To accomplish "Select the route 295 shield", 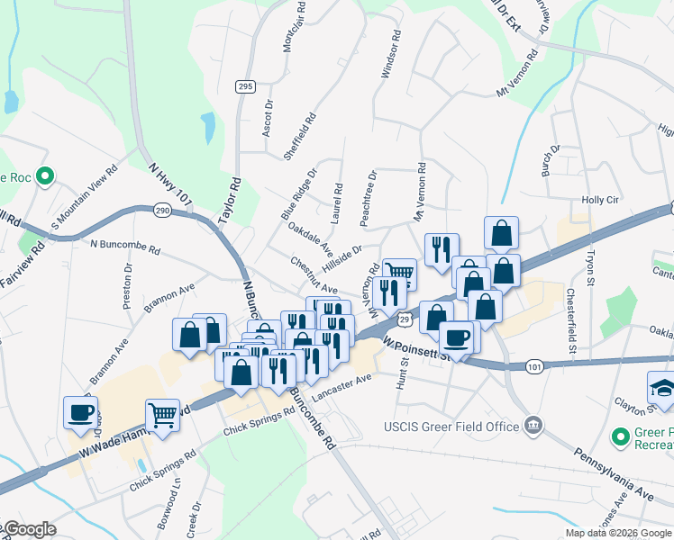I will [x=243, y=86].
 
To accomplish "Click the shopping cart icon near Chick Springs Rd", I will [x=162, y=415].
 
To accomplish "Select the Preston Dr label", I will [x=127, y=285].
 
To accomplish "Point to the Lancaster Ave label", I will [x=342, y=388].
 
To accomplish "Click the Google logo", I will [x=29, y=529].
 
